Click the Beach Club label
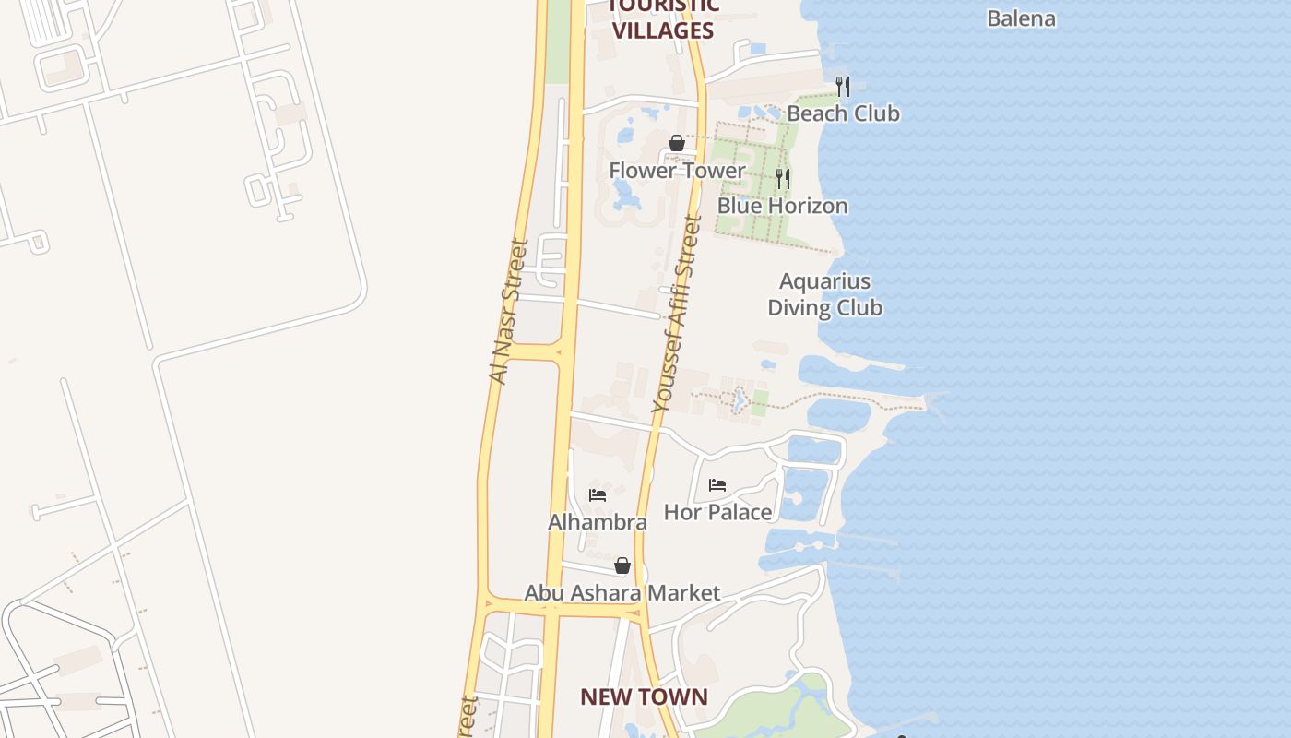coord(843,113)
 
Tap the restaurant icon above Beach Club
coord(842,86)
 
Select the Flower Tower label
coord(677,171)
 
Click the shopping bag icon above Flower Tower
coord(677,143)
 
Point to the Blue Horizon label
coord(782,206)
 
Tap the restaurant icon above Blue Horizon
coord(782,178)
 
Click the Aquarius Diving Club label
coord(825,294)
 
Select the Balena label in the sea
coord(1021,18)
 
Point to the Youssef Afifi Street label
coord(677,314)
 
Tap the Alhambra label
coord(598,522)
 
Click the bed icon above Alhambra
coord(598,495)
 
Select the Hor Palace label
coord(717,512)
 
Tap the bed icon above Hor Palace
coord(717,485)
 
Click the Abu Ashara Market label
coord(622,593)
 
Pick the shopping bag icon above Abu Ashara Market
coord(622,565)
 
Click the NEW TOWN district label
coord(644,697)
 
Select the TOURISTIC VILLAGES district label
coord(663,18)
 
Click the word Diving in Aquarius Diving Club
coord(799,308)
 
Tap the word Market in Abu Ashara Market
coord(684,593)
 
